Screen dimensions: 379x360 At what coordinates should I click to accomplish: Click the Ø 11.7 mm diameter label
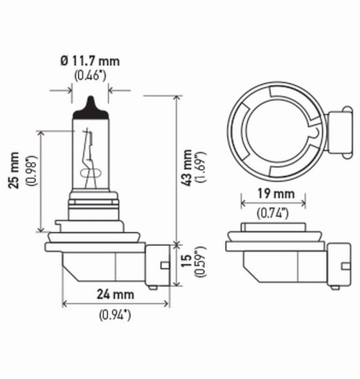[x=90, y=61]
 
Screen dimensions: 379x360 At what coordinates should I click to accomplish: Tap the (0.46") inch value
[x=90, y=75]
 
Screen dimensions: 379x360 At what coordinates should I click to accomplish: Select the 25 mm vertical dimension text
[x=15, y=170]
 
